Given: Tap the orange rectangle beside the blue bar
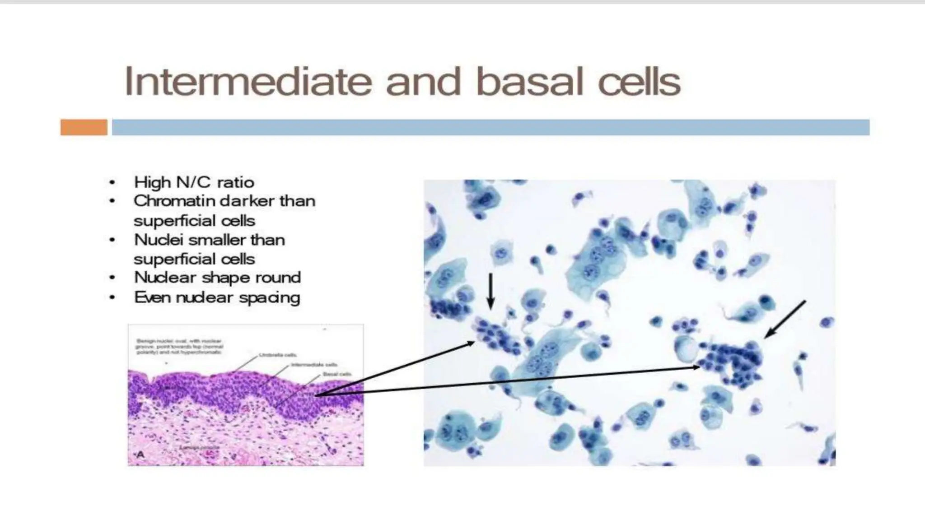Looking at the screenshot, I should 84,127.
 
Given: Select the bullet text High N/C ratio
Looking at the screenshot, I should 194,182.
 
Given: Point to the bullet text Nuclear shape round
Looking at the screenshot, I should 217,277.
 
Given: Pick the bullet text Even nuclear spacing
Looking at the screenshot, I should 217,297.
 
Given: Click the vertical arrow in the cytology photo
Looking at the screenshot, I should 491,291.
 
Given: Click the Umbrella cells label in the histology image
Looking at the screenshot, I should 278,355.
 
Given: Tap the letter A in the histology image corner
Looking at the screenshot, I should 140,455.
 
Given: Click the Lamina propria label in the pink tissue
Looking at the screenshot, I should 199,447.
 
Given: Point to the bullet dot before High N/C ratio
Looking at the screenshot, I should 112,182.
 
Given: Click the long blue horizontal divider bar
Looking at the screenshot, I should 491,127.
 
